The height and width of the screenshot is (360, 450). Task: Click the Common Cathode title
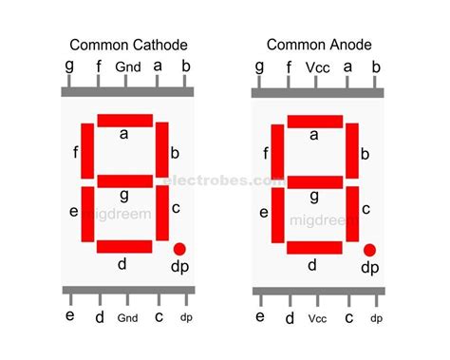126,44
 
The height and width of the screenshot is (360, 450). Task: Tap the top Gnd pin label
128,67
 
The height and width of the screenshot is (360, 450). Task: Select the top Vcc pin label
317,67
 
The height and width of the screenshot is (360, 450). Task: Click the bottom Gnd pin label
128,318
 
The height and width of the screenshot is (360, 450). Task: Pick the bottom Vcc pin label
317,318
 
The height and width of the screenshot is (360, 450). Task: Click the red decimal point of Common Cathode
179,249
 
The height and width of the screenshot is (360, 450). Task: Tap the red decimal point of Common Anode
369,249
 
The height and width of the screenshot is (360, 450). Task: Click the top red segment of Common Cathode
124,120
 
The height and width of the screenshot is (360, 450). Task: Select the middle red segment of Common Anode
315,181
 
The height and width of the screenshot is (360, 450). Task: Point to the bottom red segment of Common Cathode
124,247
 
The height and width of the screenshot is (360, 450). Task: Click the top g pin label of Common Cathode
69,67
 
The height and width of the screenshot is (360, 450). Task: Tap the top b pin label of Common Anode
376,66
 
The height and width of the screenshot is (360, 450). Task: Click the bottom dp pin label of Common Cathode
186,318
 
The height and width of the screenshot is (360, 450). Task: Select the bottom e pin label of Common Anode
259,317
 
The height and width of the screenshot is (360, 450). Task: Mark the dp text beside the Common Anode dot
369,268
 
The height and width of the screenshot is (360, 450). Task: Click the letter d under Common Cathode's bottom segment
122,264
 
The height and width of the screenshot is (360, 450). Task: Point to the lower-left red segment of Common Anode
277,216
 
